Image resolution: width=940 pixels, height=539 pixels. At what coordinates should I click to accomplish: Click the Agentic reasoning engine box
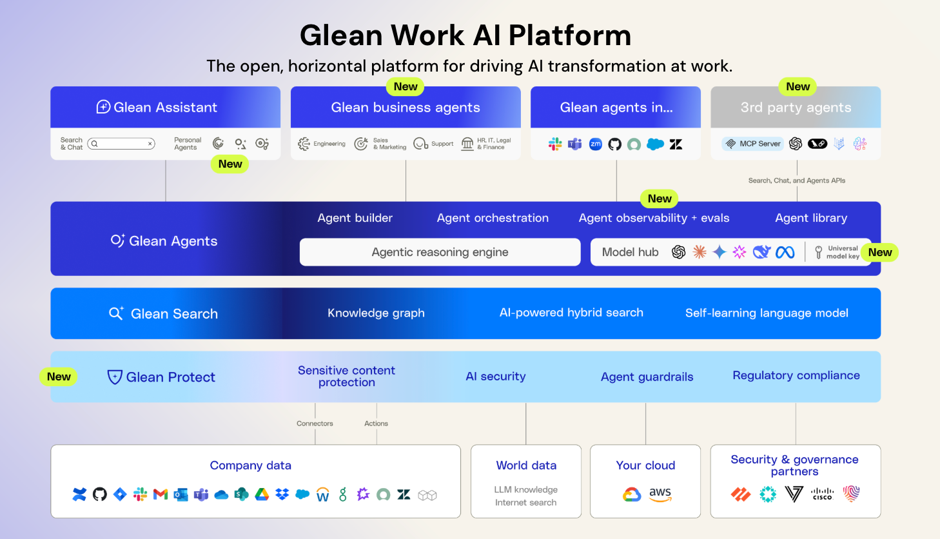pyautogui.click(x=440, y=252)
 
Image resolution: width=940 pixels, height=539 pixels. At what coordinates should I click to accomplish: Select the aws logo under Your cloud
pyautogui.click(x=660, y=495)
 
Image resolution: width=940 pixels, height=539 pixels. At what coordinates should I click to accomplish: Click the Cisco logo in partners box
pyautogui.click(x=822, y=494)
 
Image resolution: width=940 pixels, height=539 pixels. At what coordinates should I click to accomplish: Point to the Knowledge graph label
pyautogui.click(x=376, y=313)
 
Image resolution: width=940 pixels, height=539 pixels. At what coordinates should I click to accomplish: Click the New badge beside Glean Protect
pyautogui.click(x=59, y=377)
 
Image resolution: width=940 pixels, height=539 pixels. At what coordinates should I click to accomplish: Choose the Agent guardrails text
pyautogui.click(x=647, y=377)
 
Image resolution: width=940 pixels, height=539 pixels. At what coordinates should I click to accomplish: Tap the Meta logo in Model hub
pyautogui.click(x=785, y=253)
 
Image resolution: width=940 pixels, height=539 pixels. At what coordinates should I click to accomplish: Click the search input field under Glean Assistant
pyautogui.click(x=121, y=144)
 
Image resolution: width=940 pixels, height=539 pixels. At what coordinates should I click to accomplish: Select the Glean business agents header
pyautogui.click(x=406, y=108)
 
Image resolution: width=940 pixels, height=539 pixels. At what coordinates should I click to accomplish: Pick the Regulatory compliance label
pyautogui.click(x=796, y=376)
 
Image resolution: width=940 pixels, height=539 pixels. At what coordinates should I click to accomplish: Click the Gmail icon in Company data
pyautogui.click(x=161, y=495)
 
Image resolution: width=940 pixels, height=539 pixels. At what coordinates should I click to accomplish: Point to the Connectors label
pyautogui.click(x=315, y=424)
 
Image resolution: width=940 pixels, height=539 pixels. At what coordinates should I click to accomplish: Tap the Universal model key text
pyautogui.click(x=842, y=252)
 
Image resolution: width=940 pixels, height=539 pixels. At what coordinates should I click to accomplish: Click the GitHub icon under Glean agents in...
pyautogui.click(x=614, y=144)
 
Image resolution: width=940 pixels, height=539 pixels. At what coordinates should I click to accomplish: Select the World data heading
pyautogui.click(x=526, y=465)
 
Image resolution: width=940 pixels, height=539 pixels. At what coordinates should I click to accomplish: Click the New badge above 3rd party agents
pyautogui.click(x=798, y=86)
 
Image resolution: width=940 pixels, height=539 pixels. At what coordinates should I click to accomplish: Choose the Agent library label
pyautogui.click(x=811, y=218)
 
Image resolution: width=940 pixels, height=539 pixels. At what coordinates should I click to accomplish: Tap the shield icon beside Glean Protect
pyautogui.click(x=115, y=377)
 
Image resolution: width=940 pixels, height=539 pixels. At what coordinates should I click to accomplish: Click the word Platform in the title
pyautogui.click(x=570, y=35)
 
